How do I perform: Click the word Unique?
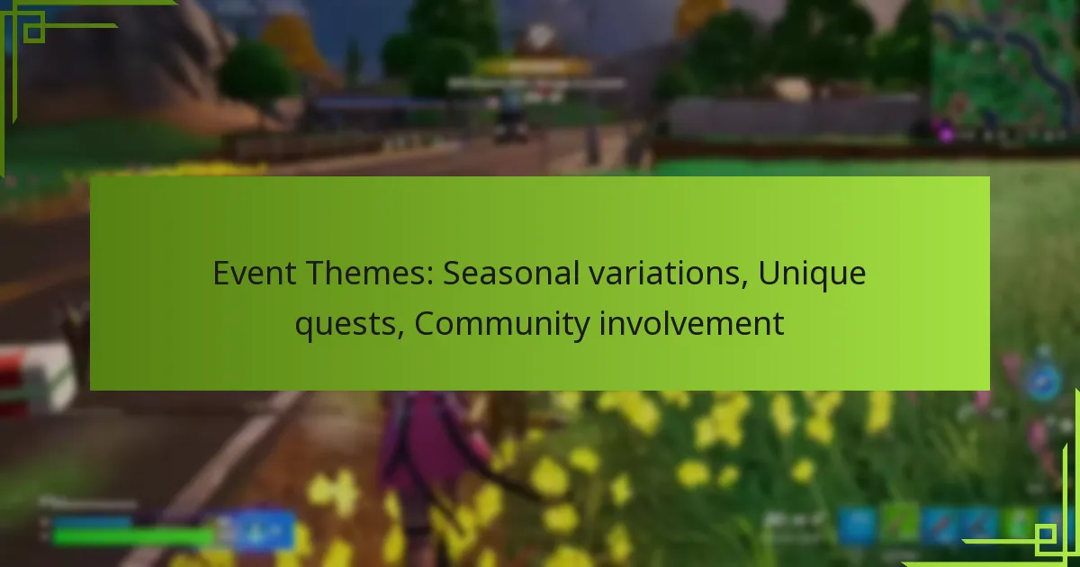point(812,273)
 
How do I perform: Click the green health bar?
point(130,536)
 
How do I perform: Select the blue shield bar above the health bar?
point(90,521)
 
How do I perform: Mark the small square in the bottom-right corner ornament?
point(1046,537)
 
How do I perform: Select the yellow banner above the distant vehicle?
point(535,67)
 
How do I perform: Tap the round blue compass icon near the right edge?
point(1044,382)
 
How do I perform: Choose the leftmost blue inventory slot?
point(857,525)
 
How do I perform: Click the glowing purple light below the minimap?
point(945,131)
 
